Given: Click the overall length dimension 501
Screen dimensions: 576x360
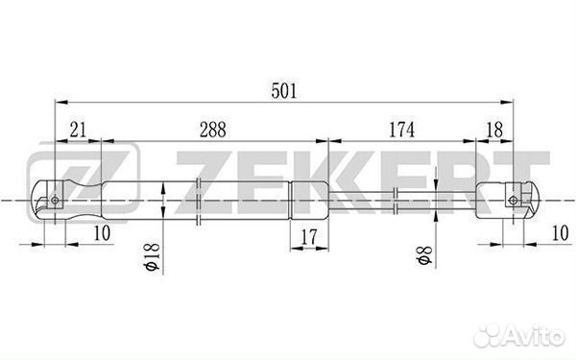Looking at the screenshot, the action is click(x=283, y=91).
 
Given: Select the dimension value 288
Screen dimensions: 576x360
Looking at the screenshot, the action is click(x=213, y=130).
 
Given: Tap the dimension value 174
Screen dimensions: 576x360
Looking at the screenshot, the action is click(x=401, y=130).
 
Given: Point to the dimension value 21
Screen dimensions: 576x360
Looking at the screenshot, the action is click(x=78, y=130).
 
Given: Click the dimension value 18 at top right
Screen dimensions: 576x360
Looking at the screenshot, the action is click(x=494, y=130).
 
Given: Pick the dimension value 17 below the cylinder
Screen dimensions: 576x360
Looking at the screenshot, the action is click(x=308, y=237).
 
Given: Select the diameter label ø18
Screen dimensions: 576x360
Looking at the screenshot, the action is click(x=153, y=256).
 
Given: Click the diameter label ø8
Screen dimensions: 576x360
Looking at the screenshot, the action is click(x=424, y=255).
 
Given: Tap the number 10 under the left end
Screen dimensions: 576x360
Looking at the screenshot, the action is click(x=102, y=233).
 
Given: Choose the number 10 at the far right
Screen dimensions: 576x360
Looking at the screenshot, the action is click(x=561, y=233).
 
